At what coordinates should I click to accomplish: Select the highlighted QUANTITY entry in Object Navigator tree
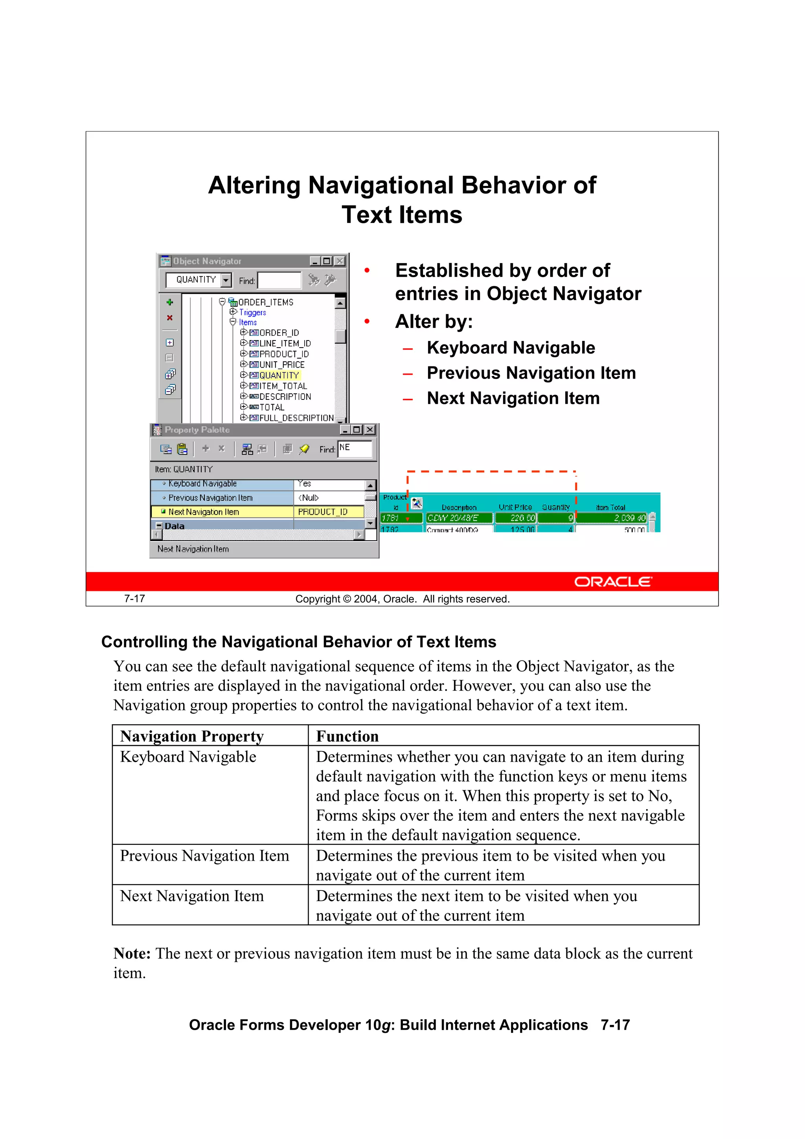279,375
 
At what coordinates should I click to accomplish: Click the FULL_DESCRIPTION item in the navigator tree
296,418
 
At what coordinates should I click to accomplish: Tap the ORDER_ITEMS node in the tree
265,302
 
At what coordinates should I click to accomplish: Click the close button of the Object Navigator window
340,261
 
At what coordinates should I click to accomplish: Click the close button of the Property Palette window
369,430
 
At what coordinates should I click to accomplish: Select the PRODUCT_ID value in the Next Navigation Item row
322,512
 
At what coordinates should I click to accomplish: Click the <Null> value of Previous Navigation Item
309,498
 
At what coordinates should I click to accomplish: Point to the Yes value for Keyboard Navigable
305,484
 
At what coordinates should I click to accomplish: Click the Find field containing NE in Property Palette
355,449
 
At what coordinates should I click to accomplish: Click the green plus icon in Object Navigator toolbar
170,302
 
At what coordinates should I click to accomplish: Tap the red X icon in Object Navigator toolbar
170,318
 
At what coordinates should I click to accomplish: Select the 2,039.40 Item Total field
612,518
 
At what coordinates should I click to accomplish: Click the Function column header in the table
347,736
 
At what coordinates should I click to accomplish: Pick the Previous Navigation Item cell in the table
204,856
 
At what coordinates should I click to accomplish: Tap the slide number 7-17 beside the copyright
134,599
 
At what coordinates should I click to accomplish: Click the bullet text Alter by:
434,322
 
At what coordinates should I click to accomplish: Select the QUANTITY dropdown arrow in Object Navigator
226,280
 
